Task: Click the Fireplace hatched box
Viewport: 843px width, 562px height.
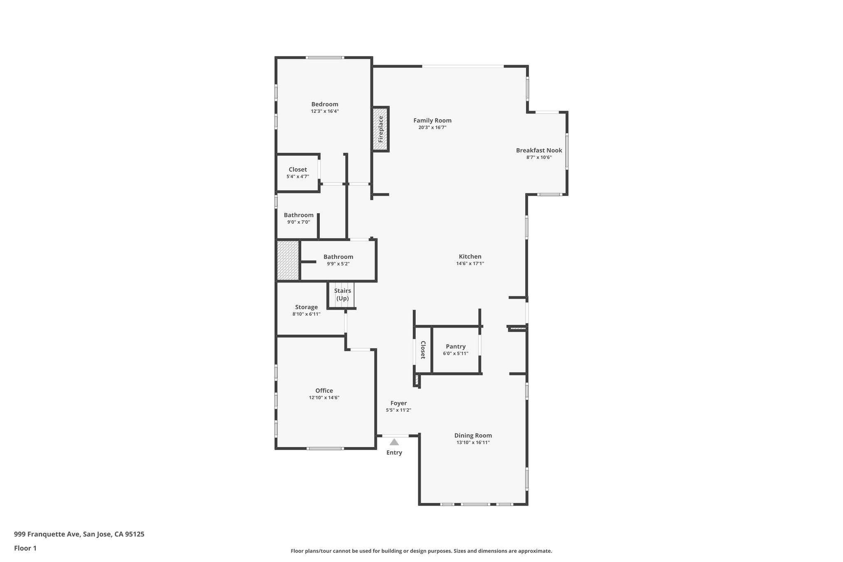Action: [x=381, y=129]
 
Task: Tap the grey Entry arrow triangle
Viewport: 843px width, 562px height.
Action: [x=394, y=442]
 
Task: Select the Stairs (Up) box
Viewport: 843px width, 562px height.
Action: [x=342, y=295]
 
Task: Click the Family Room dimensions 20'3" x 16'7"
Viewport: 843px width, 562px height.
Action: [x=432, y=128]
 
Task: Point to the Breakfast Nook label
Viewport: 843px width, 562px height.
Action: [x=539, y=150]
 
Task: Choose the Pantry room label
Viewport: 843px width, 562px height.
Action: [x=456, y=346]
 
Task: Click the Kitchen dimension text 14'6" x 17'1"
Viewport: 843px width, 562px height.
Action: [x=470, y=264]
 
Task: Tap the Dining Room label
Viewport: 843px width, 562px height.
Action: [x=473, y=435]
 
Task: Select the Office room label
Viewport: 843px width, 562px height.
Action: [x=324, y=390]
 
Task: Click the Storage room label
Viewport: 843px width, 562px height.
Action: [x=306, y=307]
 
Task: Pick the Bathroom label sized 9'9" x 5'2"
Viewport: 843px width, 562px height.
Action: [x=338, y=257]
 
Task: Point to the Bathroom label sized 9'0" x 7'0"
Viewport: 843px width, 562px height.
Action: [x=298, y=215]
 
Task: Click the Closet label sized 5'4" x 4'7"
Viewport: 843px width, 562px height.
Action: [x=298, y=169]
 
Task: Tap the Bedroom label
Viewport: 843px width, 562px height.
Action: [x=325, y=104]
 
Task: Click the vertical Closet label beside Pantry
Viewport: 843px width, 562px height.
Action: [x=423, y=350]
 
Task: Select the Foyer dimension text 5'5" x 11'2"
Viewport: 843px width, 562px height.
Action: [x=398, y=410]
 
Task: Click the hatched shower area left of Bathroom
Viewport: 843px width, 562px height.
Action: [x=287, y=260]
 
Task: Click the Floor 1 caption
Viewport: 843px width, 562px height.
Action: [x=25, y=548]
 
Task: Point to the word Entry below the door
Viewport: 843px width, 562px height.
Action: [x=394, y=452]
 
